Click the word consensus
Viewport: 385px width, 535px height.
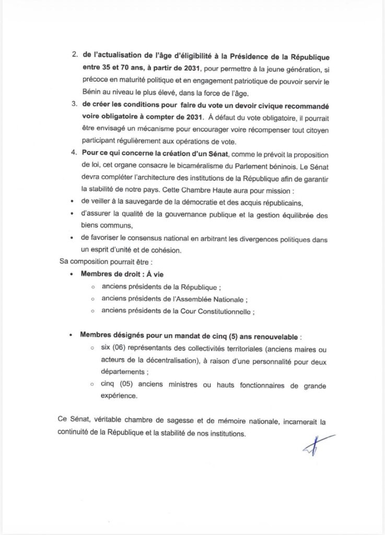[139, 239]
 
